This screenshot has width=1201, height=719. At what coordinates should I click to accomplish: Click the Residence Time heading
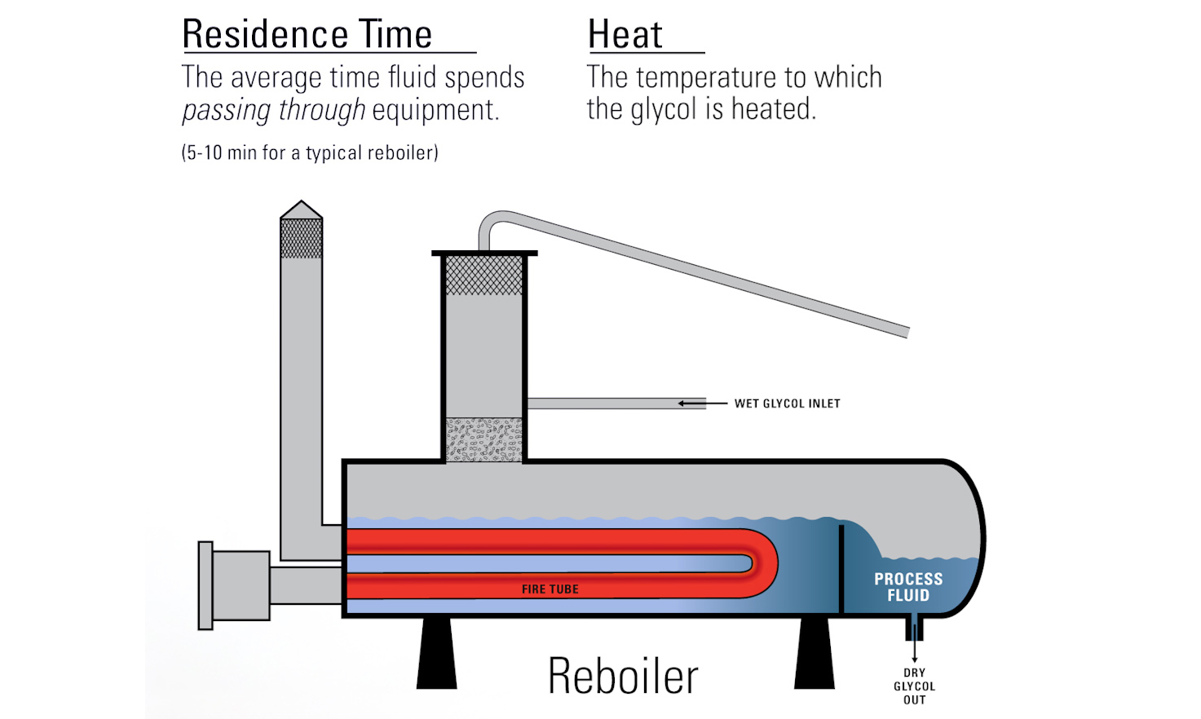click(307, 35)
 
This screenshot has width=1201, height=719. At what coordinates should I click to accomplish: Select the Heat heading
click(625, 35)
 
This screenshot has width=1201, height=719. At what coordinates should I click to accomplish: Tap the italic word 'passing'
click(227, 110)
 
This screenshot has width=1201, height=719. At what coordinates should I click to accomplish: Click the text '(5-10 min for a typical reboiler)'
click(310, 152)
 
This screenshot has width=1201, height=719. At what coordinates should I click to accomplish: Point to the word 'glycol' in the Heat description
click(664, 109)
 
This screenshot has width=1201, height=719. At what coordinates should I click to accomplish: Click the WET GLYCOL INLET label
click(787, 404)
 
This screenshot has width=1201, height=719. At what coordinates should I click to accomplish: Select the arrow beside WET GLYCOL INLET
click(693, 404)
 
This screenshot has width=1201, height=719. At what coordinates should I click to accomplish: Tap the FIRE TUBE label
click(550, 589)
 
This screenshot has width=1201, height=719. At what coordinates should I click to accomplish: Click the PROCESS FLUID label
click(908, 587)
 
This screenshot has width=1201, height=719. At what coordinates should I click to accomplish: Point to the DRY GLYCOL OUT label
click(914, 686)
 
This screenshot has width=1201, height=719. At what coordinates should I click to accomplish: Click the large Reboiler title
click(623, 677)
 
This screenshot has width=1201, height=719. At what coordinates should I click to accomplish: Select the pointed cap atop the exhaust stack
click(301, 210)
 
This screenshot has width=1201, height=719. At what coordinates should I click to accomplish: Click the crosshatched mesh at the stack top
click(301, 238)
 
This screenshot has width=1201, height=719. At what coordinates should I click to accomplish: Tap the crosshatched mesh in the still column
click(484, 275)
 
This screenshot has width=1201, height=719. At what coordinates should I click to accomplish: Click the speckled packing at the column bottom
click(484, 440)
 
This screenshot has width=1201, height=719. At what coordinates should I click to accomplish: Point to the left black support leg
click(436, 652)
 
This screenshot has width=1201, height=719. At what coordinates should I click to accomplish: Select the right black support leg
click(815, 652)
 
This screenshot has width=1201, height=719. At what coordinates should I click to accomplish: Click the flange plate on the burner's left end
click(205, 585)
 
